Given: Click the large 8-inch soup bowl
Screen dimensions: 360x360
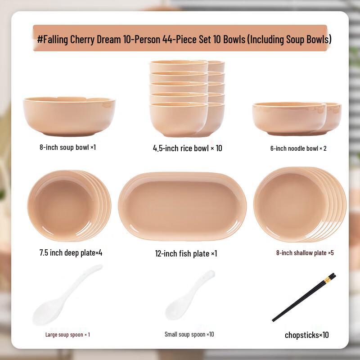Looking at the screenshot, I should pyautogui.click(x=69, y=116).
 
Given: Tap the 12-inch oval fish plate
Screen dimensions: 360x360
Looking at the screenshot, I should pyautogui.click(x=182, y=206).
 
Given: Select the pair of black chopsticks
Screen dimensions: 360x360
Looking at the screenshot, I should pyautogui.click(x=304, y=297).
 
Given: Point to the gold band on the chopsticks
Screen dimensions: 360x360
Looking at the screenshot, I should pyautogui.click(x=327, y=280).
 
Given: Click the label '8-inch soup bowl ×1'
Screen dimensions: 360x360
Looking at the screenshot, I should pyautogui.click(x=67, y=147).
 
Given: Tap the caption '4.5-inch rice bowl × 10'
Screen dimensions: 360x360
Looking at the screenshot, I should pyautogui.click(x=187, y=148).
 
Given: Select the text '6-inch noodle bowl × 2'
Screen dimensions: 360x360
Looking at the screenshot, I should pyautogui.click(x=298, y=148).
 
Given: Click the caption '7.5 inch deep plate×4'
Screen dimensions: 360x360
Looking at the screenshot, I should pyautogui.click(x=71, y=252).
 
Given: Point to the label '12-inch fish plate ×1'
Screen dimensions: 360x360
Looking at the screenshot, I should pyautogui.click(x=186, y=253).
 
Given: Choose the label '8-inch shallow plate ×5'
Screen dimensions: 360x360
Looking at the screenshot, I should pyautogui.click(x=305, y=253).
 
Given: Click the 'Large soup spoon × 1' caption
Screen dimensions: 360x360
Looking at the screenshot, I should pyautogui.click(x=67, y=334).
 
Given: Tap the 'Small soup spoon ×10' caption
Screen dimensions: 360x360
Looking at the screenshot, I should pyautogui.click(x=189, y=334).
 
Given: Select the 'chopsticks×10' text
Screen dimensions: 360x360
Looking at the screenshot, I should pyautogui.click(x=306, y=335).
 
